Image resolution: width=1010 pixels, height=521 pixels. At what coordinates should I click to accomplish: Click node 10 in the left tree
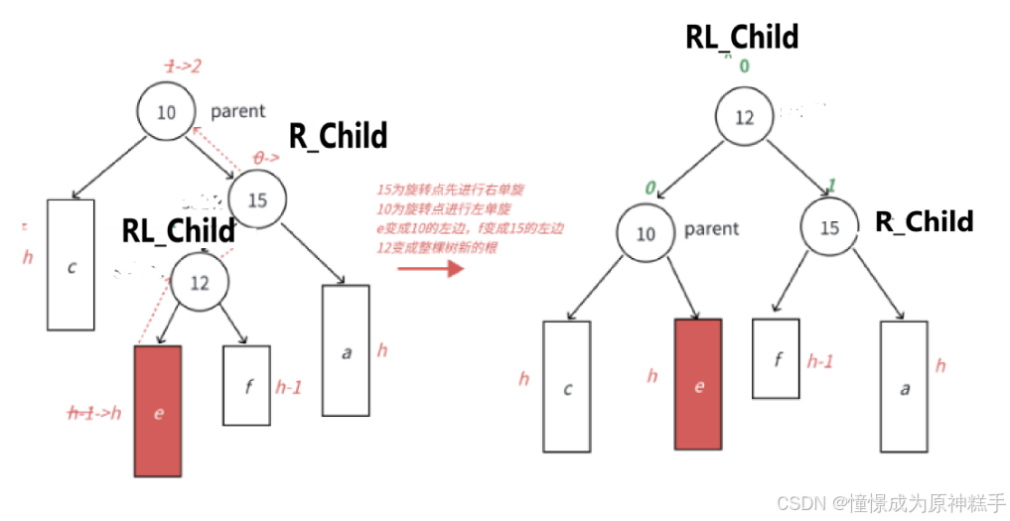pyautogui.click(x=166, y=112)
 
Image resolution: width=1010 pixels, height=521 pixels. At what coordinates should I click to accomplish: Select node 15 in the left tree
pyautogui.click(x=257, y=200)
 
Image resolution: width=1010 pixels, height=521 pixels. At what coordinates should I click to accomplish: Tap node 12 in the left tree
pyautogui.click(x=200, y=283)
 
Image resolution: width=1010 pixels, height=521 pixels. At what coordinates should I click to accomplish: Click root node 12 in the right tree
pyautogui.click(x=744, y=117)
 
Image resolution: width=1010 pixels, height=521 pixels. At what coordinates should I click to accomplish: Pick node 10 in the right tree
pyautogui.click(x=646, y=234)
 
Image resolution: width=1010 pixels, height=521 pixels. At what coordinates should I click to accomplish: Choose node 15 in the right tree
pyautogui.click(x=829, y=228)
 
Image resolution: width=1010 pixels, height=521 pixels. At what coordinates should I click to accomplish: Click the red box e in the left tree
pyautogui.click(x=158, y=410)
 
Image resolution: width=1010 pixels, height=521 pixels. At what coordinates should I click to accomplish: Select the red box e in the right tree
pyautogui.click(x=698, y=385)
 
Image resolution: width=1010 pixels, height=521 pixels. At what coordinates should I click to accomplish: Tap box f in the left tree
pyautogui.click(x=247, y=386)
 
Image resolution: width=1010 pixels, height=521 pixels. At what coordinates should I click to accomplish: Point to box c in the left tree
pyautogui.click(x=71, y=265)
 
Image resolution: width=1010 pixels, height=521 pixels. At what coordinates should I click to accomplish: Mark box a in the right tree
pyautogui.click(x=904, y=387)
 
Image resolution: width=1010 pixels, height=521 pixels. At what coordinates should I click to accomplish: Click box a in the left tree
pyautogui.click(x=346, y=350)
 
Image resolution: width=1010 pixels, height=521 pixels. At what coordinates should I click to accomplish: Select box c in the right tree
pyautogui.click(x=566, y=386)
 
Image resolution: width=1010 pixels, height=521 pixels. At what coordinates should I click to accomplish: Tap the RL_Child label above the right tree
pyautogui.click(x=742, y=37)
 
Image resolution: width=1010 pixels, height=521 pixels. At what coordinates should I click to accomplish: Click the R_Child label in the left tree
pyautogui.click(x=338, y=136)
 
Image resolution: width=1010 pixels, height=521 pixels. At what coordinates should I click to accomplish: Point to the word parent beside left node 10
pyautogui.click(x=237, y=112)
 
